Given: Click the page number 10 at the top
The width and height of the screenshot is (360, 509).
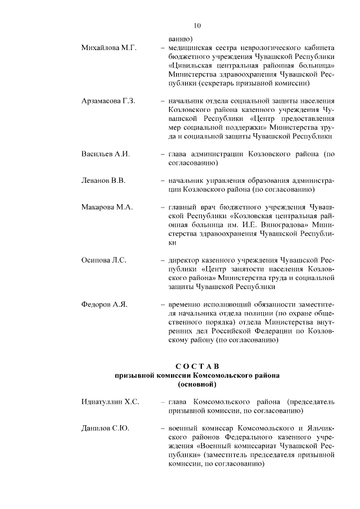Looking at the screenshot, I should [x=197, y=25].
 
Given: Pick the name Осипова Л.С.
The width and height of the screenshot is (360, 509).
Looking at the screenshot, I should [x=104, y=260].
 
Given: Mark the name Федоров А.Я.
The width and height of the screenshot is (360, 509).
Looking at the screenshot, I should [x=105, y=304].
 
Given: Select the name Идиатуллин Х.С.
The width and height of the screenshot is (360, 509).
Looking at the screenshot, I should [x=110, y=402].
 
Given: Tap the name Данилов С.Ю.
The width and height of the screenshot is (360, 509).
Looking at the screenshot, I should [x=106, y=429].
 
